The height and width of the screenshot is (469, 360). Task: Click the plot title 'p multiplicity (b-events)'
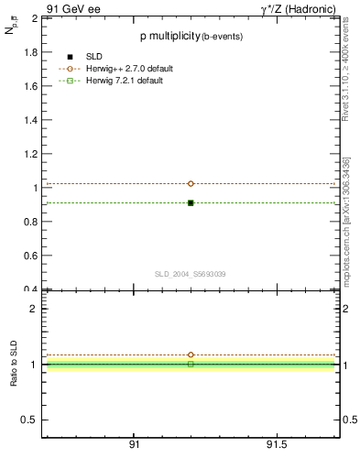[190, 37]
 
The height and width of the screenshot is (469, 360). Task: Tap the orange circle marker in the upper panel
[191, 183]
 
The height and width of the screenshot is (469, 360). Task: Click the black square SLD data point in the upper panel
[191, 202]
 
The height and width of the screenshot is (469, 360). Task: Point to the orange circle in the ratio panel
[191, 354]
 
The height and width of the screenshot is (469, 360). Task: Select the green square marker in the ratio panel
[191, 364]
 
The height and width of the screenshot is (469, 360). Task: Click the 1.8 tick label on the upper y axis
[30, 52]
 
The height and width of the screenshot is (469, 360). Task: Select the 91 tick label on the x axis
[134, 444]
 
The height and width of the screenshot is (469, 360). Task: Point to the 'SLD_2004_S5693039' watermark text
[190, 274]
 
